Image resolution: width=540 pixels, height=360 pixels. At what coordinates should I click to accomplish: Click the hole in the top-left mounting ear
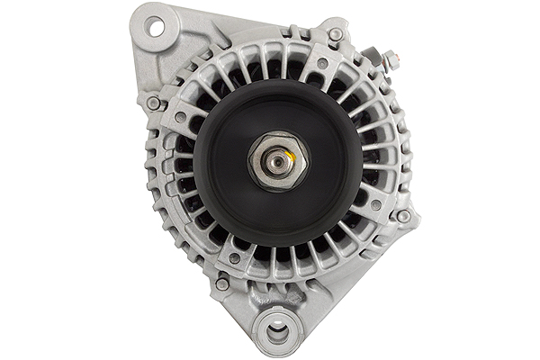(x=156, y=27)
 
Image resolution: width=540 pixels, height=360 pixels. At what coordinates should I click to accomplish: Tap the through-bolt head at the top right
(x=336, y=35)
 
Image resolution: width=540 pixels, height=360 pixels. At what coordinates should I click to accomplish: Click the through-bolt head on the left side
(x=153, y=103)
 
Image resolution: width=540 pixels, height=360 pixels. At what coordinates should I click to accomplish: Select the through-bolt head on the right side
(x=403, y=216)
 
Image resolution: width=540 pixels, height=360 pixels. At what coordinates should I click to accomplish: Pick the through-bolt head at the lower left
(x=221, y=284)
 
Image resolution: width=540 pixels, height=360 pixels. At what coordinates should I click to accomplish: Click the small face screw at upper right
(x=321, y=64)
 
